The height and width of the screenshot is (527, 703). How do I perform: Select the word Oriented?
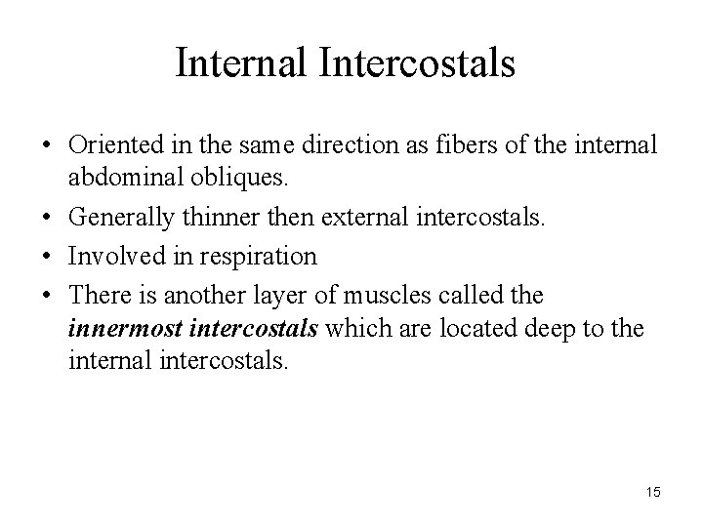109,144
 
